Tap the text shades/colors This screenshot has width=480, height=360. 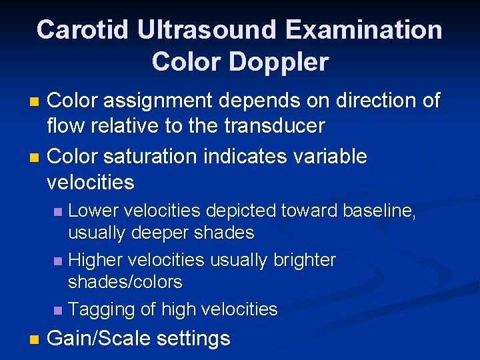(125, 282)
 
